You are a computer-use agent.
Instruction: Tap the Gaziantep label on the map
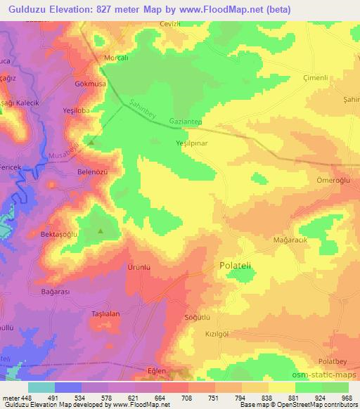[186, 122]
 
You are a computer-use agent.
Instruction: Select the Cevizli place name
[172, 23]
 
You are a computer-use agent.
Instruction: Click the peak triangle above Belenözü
[91, 143]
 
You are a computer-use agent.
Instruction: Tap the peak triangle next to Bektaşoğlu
[100, 231]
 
